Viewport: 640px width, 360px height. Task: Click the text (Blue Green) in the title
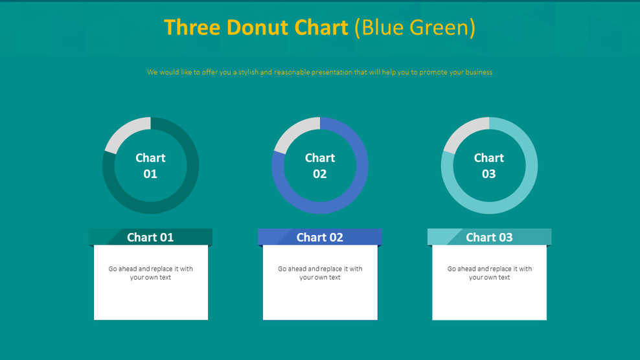tap(415, 28)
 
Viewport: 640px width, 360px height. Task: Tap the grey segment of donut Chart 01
tap(125, 131)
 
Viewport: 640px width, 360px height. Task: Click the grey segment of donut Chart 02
tap(293, 132)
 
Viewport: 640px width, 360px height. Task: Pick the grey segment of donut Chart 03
tap(463, 132)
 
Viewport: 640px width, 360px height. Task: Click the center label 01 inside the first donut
tap(150, 174)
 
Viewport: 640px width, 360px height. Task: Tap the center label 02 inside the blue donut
tap(320, 174)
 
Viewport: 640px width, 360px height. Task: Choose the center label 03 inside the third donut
tap(489, 174)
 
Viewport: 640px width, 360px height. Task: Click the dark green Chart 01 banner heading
tap(150, 238)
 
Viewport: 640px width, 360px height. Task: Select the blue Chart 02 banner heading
tap(320, 238)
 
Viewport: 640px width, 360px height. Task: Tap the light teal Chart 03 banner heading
tap(489, 238)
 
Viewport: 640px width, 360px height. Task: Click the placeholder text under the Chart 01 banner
tap(150, 273)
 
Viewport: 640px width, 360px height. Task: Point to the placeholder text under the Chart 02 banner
tap(320, 273)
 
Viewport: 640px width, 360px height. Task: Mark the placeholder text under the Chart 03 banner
tap(489, 273)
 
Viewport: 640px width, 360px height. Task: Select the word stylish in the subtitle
tap(248, 73)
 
